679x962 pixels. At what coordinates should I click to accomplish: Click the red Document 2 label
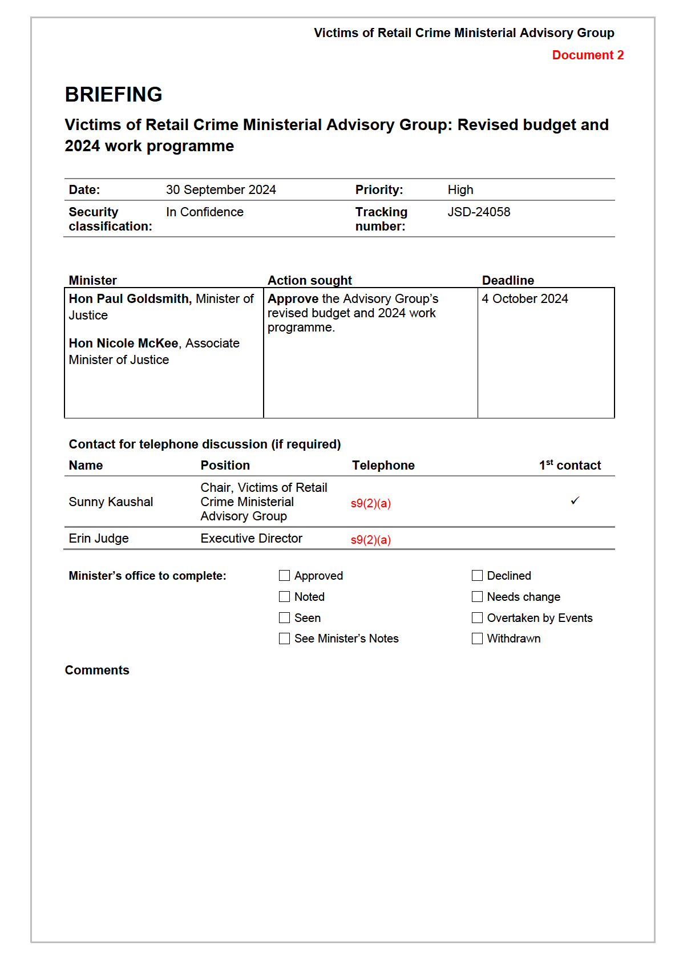[588, 55]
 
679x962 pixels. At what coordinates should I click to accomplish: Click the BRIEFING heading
[114, 95]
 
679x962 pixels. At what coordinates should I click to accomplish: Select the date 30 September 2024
[221, 190]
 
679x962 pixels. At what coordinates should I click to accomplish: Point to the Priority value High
[460, 190]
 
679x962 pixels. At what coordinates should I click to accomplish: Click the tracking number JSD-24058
[479, 212]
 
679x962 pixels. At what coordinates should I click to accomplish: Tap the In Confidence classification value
[205, 212]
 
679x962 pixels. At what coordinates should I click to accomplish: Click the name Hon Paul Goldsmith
[129, 299]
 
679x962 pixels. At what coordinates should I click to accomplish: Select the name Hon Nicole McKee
[124, 343]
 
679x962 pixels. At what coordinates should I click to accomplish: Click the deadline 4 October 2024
[525, 299]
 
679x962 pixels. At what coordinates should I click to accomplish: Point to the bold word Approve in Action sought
[293, 299]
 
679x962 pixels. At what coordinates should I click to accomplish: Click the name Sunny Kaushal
[111, 502]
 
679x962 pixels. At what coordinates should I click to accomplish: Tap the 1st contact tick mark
[575, 501]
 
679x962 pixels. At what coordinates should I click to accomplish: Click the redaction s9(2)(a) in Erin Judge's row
[371, 540]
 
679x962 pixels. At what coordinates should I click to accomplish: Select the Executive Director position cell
[251, 539]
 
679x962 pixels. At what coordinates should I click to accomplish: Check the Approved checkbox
[284, 576]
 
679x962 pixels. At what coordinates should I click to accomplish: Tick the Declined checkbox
[477, 576]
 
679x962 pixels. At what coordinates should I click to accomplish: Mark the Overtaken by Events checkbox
[477, 618]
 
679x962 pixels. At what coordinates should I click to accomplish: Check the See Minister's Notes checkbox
[284, 638]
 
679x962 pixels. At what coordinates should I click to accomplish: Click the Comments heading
[97, 670]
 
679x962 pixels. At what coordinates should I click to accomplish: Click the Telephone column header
[383, 466]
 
